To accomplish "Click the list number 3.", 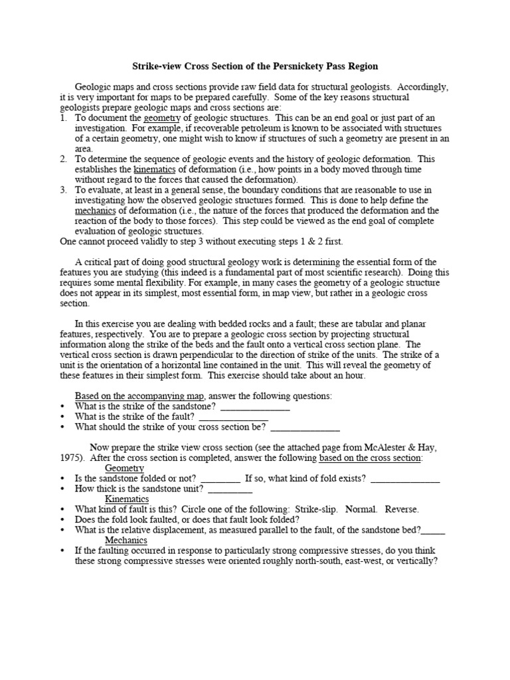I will coord(63,190).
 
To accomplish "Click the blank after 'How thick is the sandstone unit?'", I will coord(230,489).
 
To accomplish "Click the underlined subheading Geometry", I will coord(124,468).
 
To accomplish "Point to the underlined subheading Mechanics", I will coord(126,541).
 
